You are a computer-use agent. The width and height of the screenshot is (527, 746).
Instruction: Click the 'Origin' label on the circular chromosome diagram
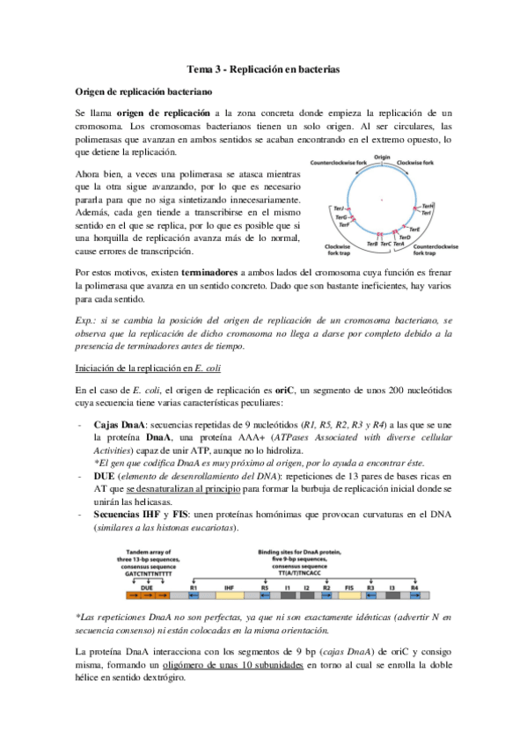(382, 157)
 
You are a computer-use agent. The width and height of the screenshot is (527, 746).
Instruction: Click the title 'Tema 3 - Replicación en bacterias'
(264, 69)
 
